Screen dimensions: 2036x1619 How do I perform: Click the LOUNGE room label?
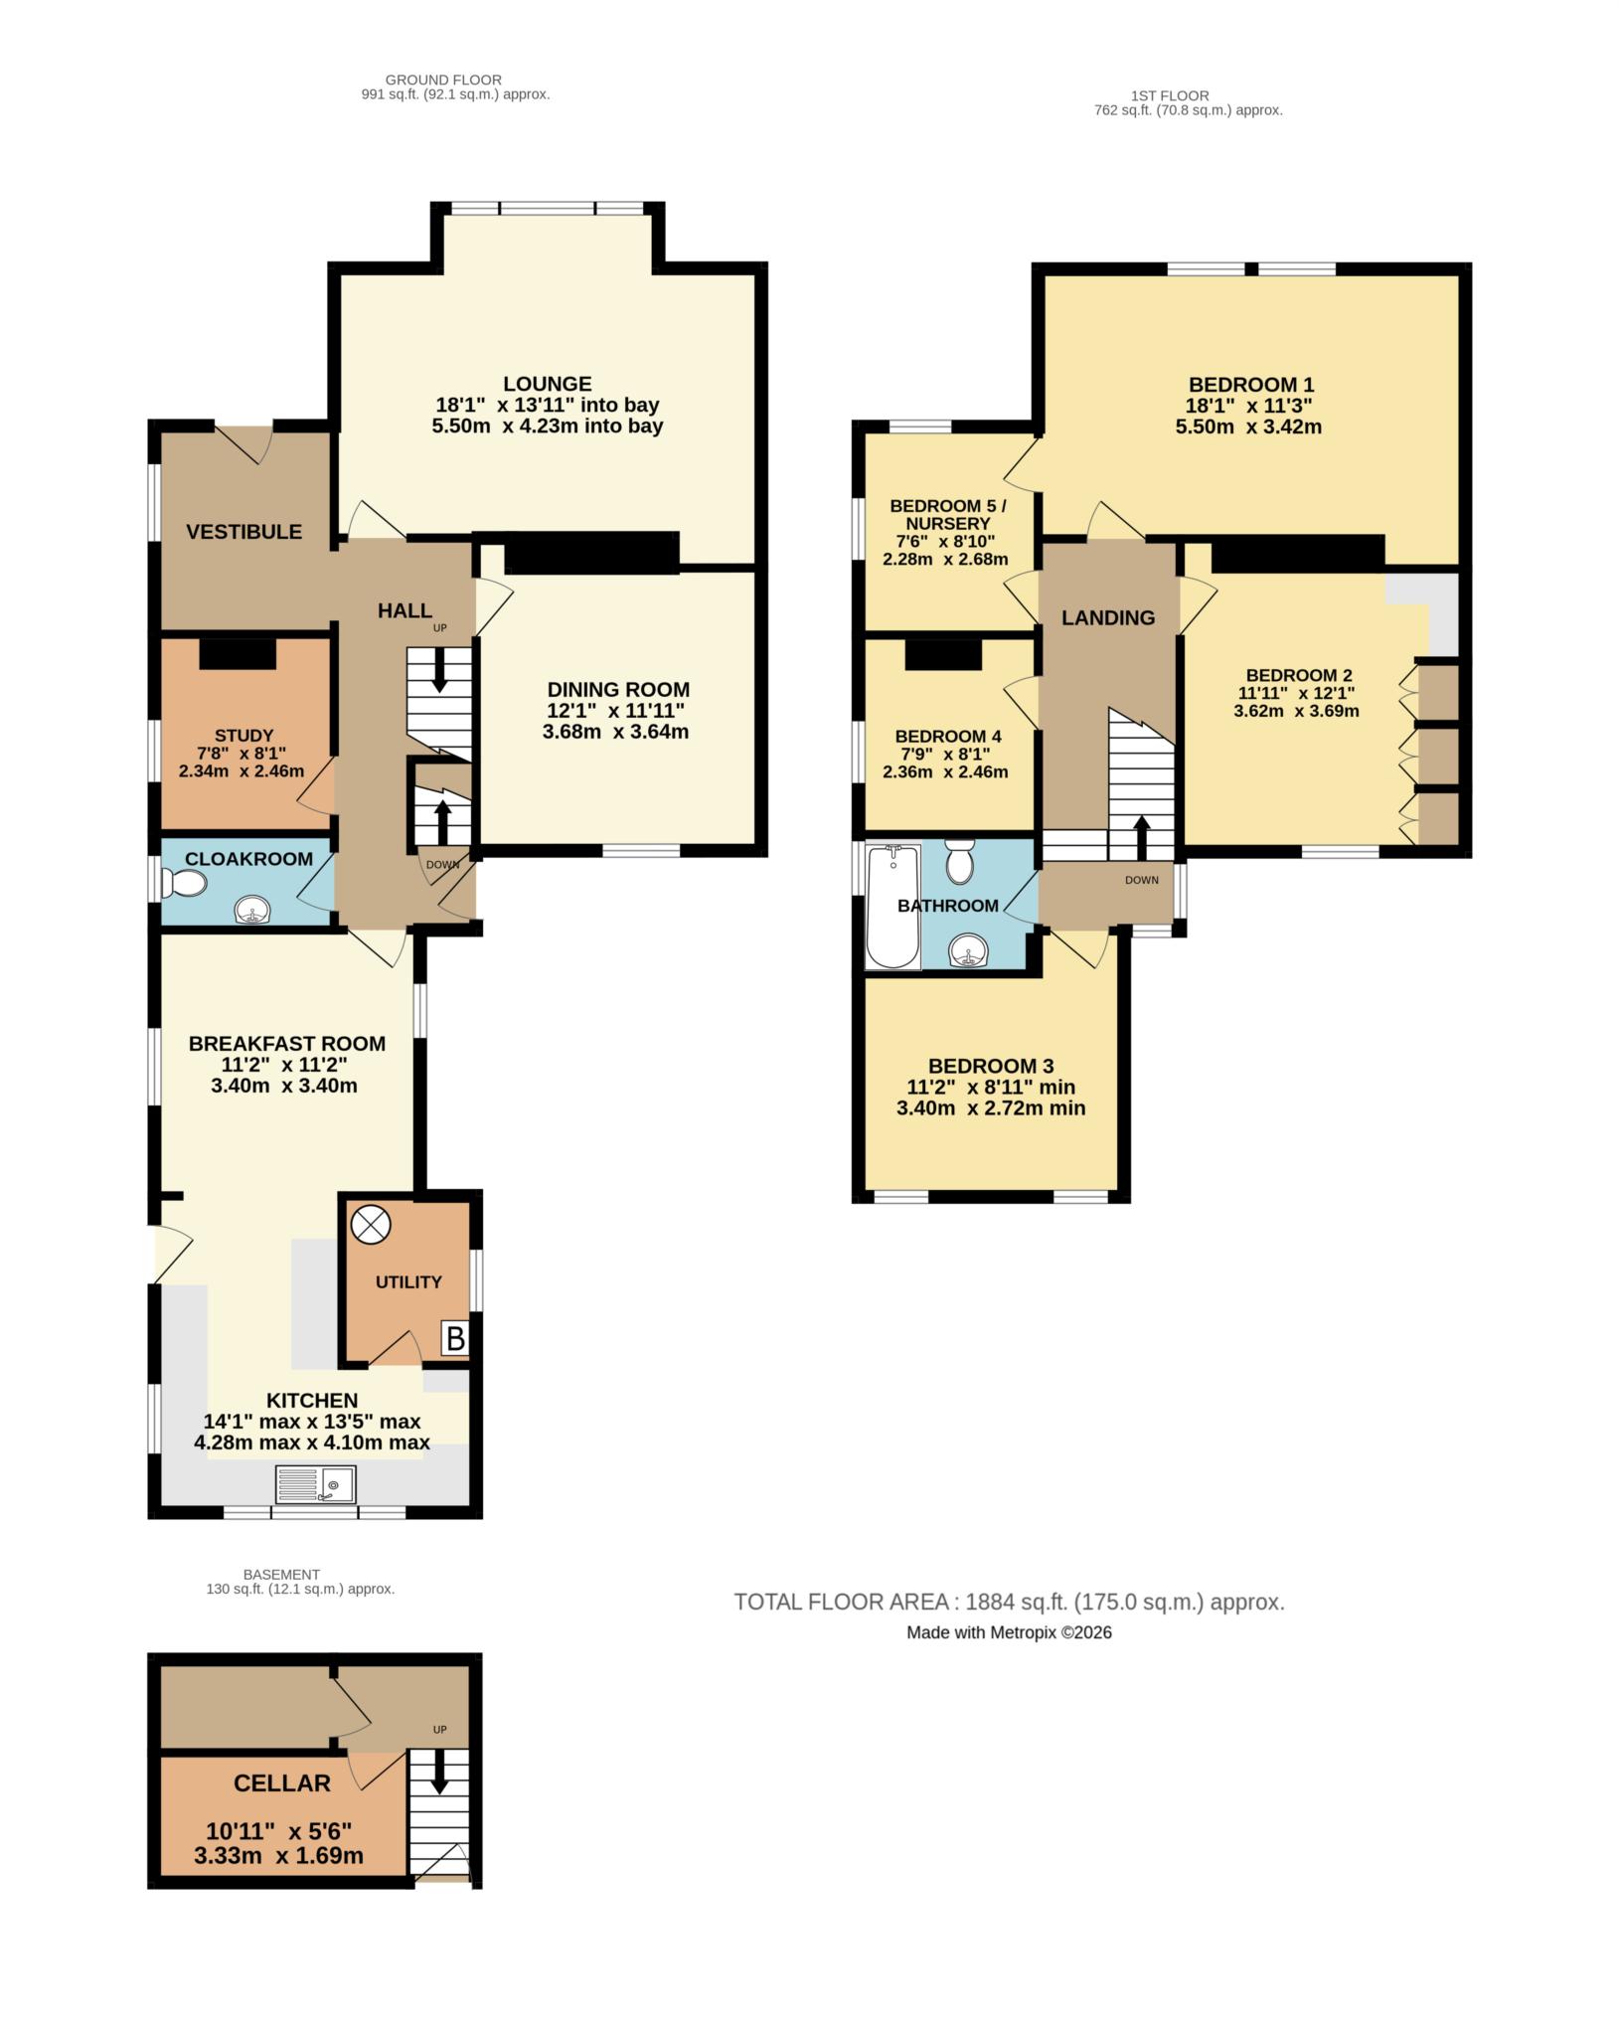coord(547,384)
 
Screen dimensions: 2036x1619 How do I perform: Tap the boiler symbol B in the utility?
coord(455,1339)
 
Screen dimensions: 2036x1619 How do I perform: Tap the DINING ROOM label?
coord(617,689)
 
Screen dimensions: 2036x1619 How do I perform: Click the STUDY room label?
coord(243,736)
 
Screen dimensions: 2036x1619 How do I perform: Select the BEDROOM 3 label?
coord(990,1066)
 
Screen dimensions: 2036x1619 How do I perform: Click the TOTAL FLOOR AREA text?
coord(1009,1602)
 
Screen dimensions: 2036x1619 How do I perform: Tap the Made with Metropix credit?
coord(1009,1632)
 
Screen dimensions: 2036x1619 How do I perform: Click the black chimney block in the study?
coord(238,653)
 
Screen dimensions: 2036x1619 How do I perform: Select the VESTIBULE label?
coord(244,532)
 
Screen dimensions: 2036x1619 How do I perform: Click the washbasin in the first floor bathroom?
coord(968,951)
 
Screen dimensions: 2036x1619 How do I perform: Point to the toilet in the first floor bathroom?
coord(960,861)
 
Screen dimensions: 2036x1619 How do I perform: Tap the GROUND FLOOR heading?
coord(443,80)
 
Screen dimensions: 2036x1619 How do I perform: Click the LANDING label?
coord(1108,617)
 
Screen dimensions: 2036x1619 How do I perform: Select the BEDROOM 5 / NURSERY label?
coord(947,514)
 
